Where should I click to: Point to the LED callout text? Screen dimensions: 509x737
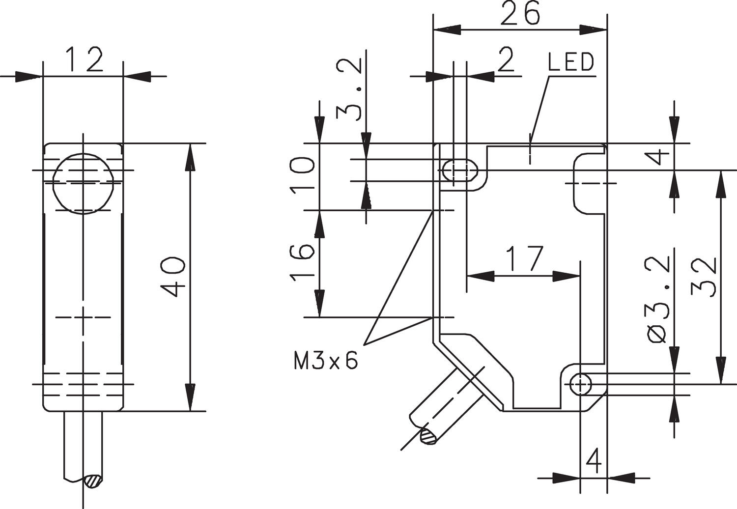(570, 62)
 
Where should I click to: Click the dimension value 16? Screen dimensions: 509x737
(302, 262)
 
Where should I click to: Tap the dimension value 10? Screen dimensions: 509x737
(302, 176)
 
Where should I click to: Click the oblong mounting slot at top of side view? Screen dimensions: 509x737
(460, 170)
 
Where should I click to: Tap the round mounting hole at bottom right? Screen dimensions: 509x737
(581, 384)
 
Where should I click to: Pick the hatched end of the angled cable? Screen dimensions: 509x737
(428, 436)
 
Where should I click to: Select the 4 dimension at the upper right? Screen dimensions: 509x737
(661, 157)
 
